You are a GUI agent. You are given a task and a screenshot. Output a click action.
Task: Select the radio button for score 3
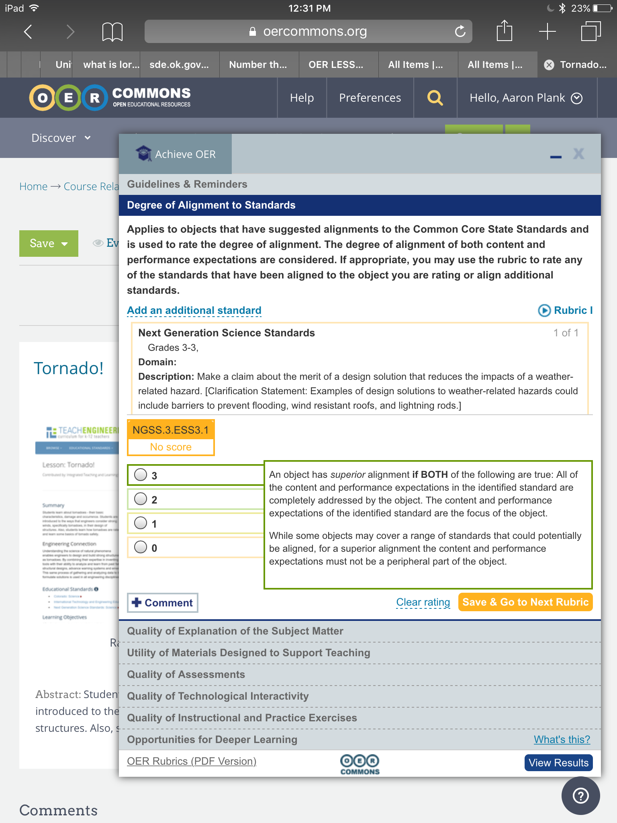pos(141,475)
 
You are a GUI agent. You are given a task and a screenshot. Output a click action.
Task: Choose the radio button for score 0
pos(141,547)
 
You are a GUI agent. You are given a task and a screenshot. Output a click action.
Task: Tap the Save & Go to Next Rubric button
pos(525,602)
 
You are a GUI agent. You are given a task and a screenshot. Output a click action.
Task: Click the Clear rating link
pos(423,602)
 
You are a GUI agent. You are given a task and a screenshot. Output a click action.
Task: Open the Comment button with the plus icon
pos(163,603)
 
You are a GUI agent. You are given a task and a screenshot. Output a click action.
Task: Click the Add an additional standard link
pos(194,310)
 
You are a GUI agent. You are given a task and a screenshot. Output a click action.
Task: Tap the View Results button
pos(558,763)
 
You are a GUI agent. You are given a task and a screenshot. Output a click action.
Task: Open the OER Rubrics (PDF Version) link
pos(192,761)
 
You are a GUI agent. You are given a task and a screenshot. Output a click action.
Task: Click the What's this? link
pos(562,739)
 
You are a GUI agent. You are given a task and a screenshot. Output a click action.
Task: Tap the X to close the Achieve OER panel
pos(578,154)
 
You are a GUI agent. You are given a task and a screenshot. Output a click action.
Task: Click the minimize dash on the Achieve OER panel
pos(556,157)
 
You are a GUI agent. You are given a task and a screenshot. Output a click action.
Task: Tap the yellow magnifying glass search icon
pos(435,98)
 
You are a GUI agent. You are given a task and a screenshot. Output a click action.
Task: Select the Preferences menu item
pos(370,98)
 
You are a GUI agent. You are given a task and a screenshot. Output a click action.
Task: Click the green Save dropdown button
pos(49,243)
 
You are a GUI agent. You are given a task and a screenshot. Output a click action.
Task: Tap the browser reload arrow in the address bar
pos(460,31)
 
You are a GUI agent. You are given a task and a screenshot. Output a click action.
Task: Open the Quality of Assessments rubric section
pos(186,674)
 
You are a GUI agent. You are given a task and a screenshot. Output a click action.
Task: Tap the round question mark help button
pos(580,796)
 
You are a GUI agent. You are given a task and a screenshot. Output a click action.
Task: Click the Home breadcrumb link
pos(33,186)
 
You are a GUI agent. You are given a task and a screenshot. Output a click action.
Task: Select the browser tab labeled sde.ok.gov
pos(179,65)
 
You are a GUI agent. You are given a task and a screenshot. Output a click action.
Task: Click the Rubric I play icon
pos(544,310)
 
